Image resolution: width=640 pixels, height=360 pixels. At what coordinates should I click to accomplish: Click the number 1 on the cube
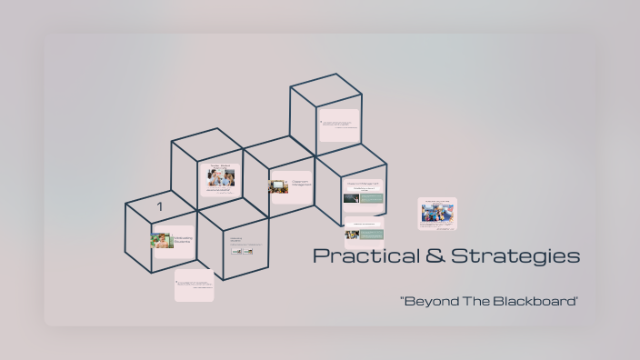pyautogui.click(x=159, y=207)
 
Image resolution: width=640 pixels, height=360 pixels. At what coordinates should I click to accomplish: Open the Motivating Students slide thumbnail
pyautogui.click(x=173, y=242)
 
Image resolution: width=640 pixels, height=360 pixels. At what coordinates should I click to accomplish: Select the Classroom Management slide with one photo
pyautogui.click(x=291, y=186)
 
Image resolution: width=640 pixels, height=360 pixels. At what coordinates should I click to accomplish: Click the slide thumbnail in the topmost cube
pyautogui.click(x=339, y=125)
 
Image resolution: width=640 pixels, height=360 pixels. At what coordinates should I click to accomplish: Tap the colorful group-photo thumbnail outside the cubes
pyautogui.click(x=437, y=215)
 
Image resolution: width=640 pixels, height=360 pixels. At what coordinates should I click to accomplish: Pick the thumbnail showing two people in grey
pyautogui.click(x=218, y=179)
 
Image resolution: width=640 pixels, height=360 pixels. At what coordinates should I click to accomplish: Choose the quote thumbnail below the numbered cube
pyautogui.click(x=194, y=285)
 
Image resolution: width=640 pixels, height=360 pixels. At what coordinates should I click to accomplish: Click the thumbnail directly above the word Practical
pyautogui.click(x=364, y=231)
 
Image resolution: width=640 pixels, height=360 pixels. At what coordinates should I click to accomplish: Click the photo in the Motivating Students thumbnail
pyautogui.click(x=163, y=241)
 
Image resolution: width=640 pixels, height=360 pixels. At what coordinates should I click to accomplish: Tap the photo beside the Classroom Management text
pyautogui.click(x=278, y=186)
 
